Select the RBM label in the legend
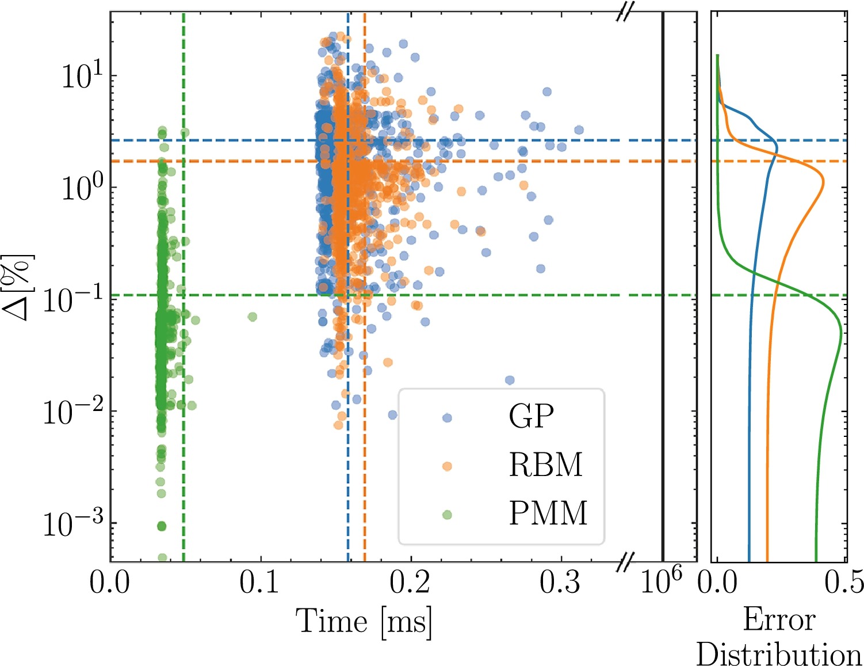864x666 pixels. [x=545, y=465]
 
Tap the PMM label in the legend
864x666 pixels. [x=548, y=513]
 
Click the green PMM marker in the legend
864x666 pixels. [x=447, y=515]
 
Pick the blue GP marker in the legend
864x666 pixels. [x=447, y=418]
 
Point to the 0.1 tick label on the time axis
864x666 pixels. [x=259, y=583]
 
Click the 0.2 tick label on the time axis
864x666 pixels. [x=410, y=583]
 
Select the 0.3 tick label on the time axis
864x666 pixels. [x=560, y=583]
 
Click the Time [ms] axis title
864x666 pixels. [x=364, y=622]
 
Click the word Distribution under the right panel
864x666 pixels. [x=779, y=654]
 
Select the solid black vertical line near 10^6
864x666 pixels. [x=663, y=288]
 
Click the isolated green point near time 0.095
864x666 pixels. [x=252, y=317]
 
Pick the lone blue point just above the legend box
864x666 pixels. [x=509, y=380]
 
